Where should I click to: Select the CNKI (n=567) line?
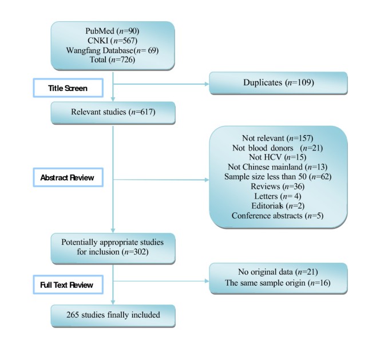coord(112,41)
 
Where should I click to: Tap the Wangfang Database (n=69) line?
coord(112,50)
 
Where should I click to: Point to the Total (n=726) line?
coord(112,60)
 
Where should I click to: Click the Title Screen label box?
coord(68,88)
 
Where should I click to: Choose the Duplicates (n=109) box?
coord(278,83)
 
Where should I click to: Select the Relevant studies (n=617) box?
coord(112,113)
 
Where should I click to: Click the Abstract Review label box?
coord(67,178)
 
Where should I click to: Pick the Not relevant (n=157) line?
coord(279,139)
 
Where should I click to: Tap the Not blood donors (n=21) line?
coord(279,148)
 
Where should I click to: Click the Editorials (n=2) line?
coord(279,206)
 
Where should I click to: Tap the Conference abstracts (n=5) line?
coord(279,216)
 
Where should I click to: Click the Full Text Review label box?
coord(67,284)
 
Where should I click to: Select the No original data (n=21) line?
coord(278,272)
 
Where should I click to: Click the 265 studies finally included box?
coord(112,315)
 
